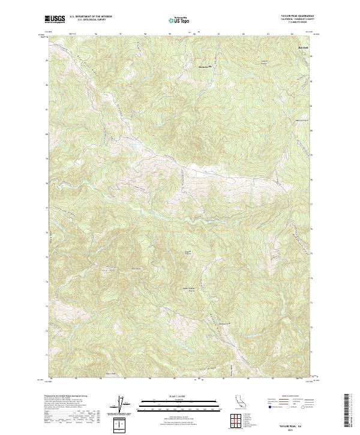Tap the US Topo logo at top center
(x=180, y=20)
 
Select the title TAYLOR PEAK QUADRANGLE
(x=297, y=16)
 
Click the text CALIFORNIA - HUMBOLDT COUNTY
(x=297, y=19)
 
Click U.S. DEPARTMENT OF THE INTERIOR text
(x=91, y=17)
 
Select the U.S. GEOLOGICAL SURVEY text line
(x=91, y=20)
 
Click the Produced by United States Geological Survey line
(x=66, y=397)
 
